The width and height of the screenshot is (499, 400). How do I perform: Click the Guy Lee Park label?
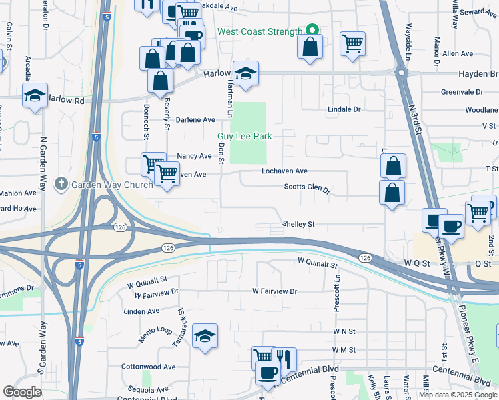click(244, 136)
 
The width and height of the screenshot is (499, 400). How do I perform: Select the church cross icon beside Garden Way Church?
click(61, 183)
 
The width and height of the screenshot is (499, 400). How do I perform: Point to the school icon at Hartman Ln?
click(245, 75)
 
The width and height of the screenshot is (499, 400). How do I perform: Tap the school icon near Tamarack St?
click(205, 337)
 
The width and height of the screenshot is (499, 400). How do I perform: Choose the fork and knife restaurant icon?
click(284, 359)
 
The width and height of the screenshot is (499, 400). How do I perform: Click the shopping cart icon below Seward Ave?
click(352, 44)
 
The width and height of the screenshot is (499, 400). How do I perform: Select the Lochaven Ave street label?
click(284, 171)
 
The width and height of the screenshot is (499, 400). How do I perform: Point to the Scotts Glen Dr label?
click(307, 189)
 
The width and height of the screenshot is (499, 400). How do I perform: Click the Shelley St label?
click(298, 225)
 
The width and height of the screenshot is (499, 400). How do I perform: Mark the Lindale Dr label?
click(344, 109)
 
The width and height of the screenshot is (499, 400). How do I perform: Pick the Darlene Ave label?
click(195, 120)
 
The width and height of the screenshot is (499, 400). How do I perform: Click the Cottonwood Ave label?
click(148, 367)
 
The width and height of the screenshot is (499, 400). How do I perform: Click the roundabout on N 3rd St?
click(402, 73)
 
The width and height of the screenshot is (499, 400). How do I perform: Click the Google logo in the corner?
click(22, 392)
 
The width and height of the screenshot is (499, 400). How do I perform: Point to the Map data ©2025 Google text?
click(457, 395)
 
